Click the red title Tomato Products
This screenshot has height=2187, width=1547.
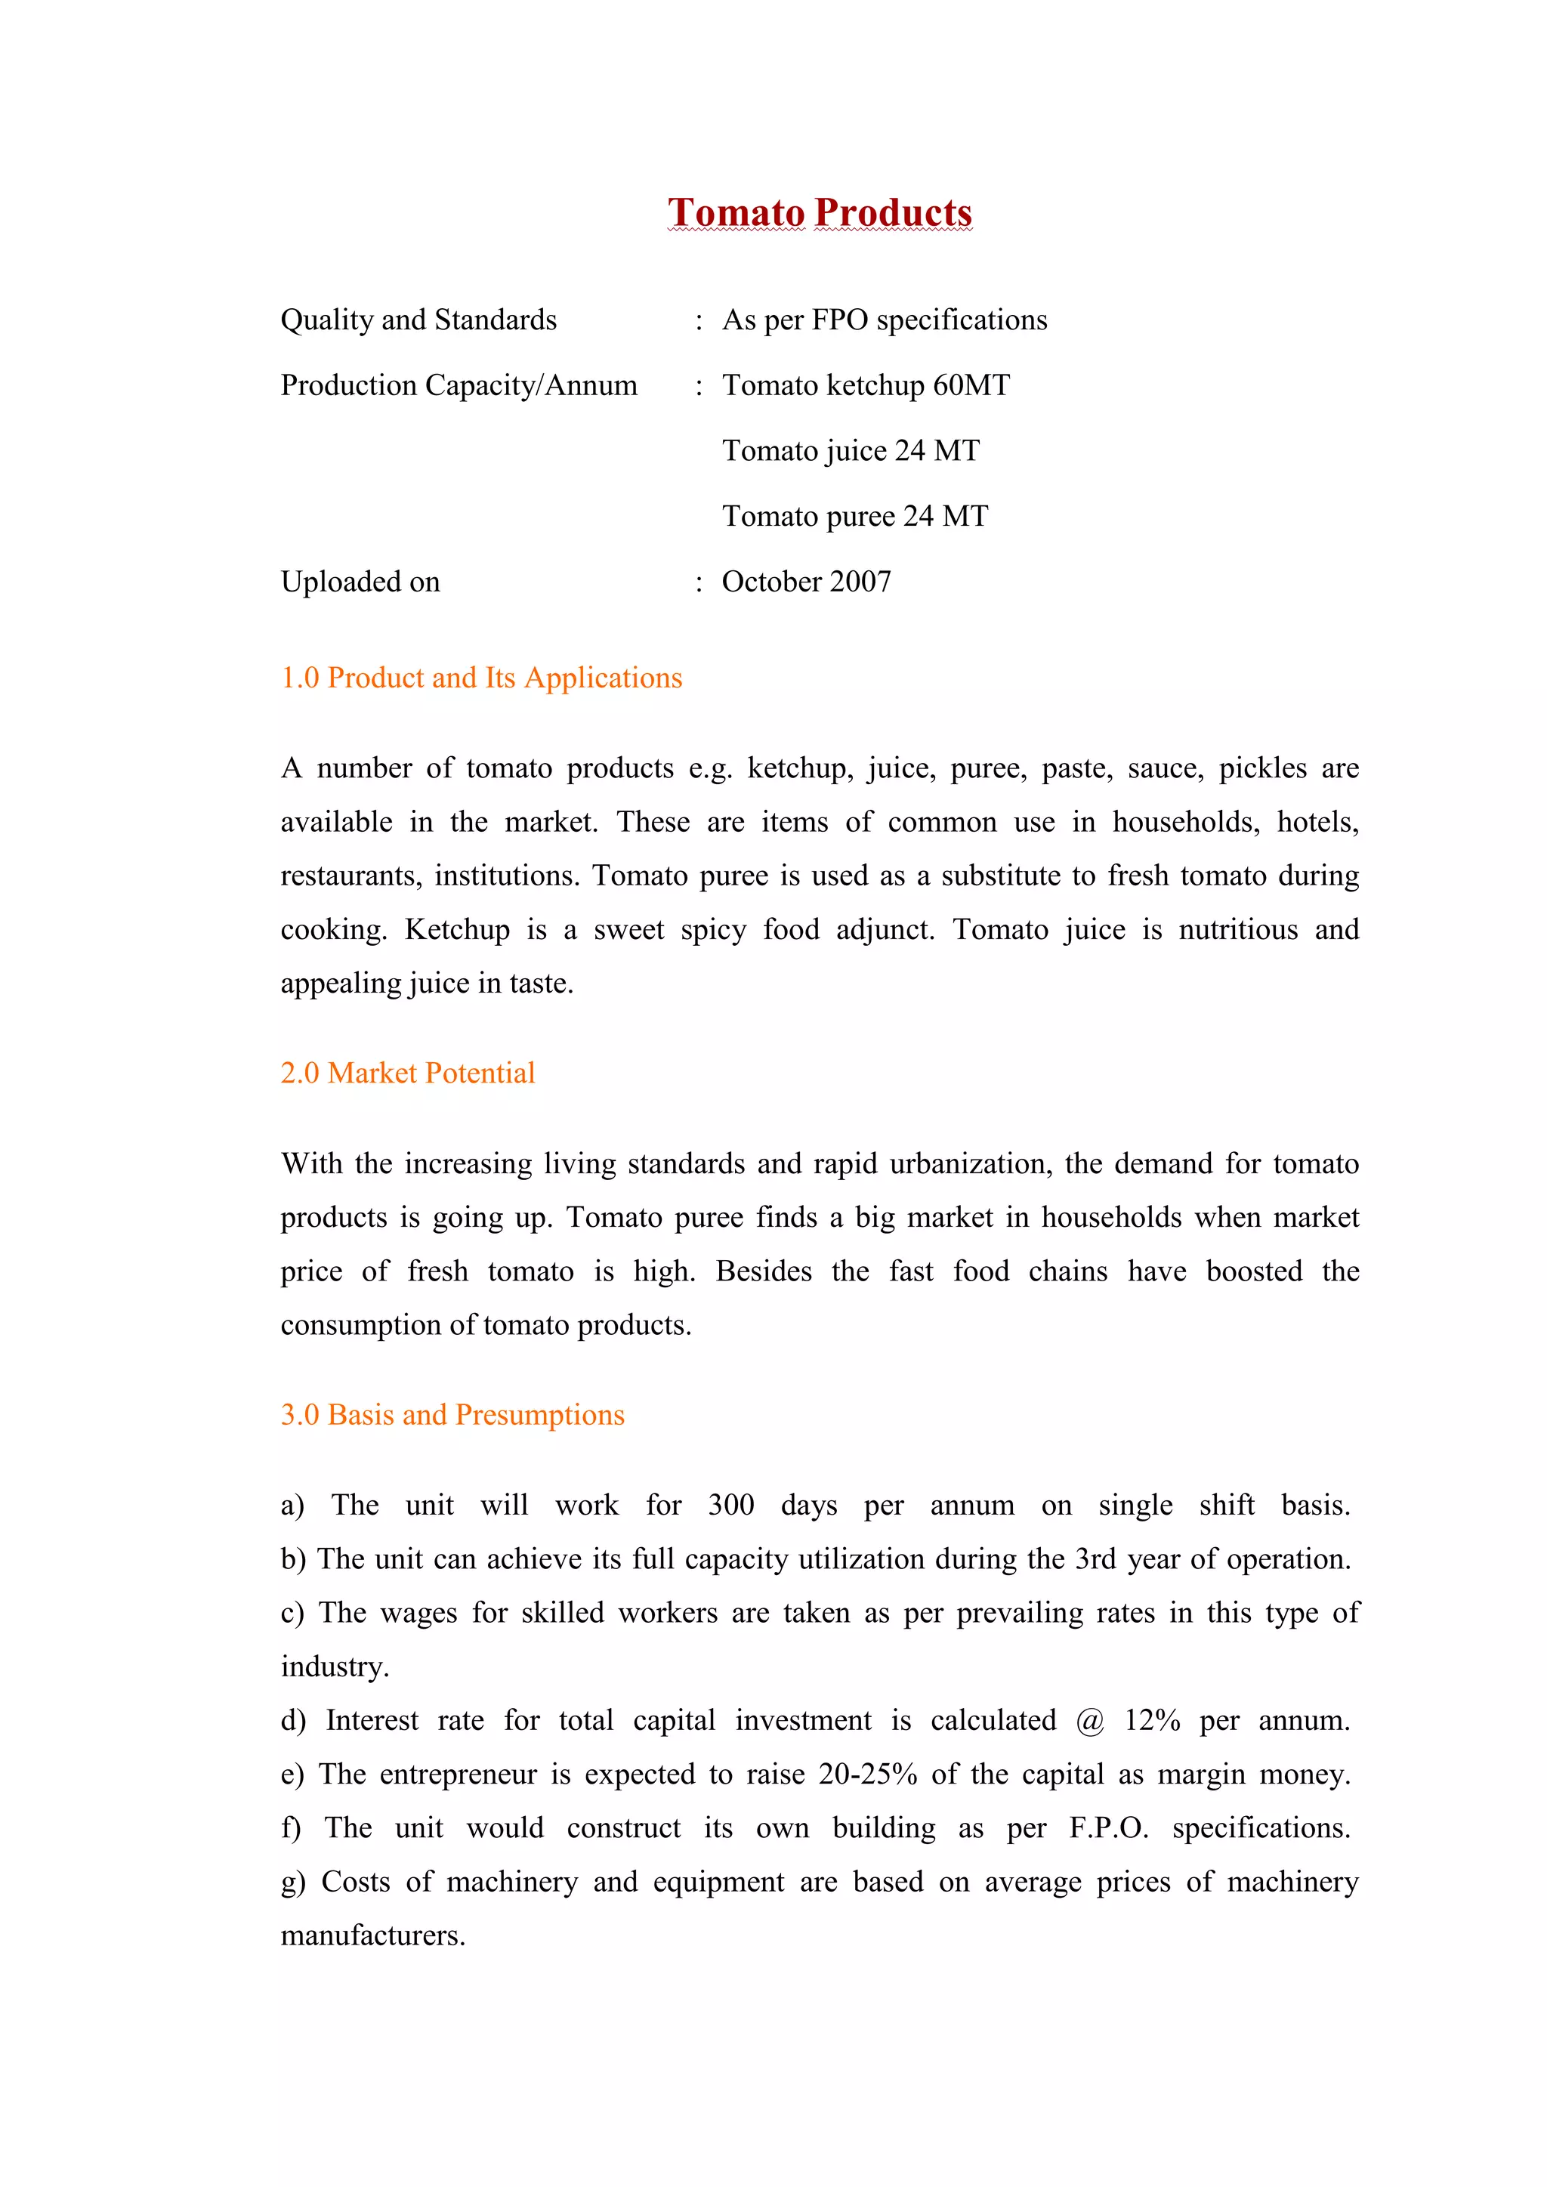tap(820, 212)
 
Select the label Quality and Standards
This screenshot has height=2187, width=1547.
tap(418, 320)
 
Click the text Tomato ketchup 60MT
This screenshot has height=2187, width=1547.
tap(865, 386)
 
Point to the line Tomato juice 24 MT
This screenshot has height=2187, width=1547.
tap(850, 450)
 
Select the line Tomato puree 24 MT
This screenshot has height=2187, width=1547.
tap(854, 516)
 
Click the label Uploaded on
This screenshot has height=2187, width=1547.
tap(360, 582)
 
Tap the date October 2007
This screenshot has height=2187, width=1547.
tap(806, 582)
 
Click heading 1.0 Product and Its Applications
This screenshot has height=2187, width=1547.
tap(481, 678)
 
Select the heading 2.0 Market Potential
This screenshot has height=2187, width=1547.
tap(408, 1073)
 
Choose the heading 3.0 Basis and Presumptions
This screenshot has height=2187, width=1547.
tap(452, 1416)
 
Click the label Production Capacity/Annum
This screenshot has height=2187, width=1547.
tap(459, 386)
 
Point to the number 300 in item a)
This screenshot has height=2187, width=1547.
tap(730, 1506)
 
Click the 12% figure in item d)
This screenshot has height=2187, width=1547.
tap(1152, 1721)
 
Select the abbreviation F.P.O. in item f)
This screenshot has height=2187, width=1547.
tap(1109, 1829)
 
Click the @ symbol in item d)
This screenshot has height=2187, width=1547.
tap(1090, 1721)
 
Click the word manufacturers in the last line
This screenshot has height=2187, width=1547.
tap(372, 1936)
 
